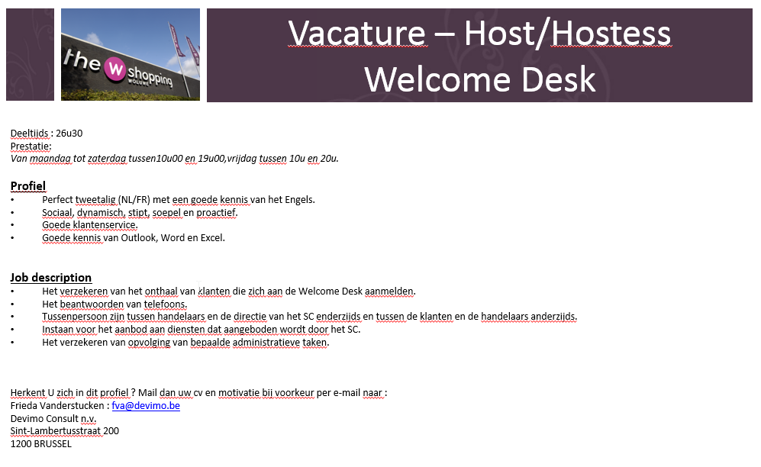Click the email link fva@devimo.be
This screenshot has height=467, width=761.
click(146, 406)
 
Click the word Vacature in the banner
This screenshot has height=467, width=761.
click(356, 33)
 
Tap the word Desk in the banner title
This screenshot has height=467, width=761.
click(558, 79)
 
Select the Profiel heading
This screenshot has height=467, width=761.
click(28, 186)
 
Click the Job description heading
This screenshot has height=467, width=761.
click(51, 278)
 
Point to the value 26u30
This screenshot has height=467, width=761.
click(69, 134)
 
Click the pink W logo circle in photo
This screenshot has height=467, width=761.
click(115, 69)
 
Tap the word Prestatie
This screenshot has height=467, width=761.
click(30, 146)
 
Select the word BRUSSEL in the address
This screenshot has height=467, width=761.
click(53, 443)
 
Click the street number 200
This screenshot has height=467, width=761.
click(111, 431)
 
